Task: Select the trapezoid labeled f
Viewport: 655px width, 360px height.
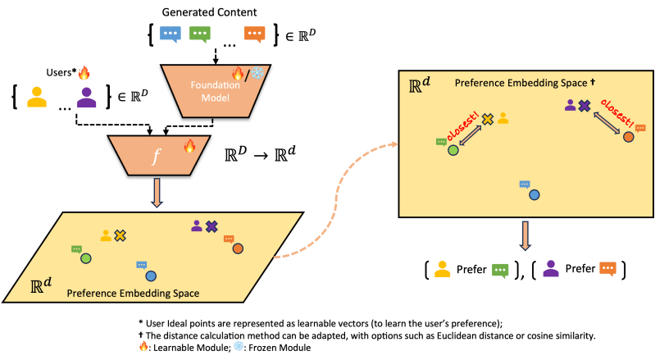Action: [155, 155]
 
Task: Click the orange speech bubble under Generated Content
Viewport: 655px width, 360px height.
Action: [255, 34]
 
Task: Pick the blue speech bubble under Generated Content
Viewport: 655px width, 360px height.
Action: [171, 34]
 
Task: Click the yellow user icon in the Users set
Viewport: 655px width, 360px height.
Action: [36, 98]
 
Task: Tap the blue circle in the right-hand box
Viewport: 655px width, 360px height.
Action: [534, 195]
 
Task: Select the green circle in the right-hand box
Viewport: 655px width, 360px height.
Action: [453, 150]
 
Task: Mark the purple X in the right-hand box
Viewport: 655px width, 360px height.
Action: [584, 106]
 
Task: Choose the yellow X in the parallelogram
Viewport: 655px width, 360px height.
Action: [121, 235]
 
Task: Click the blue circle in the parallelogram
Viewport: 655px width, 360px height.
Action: [151, 276]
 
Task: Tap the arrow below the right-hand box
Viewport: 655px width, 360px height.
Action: [524, 235]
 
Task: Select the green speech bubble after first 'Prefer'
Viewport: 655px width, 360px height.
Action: [500, 269]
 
